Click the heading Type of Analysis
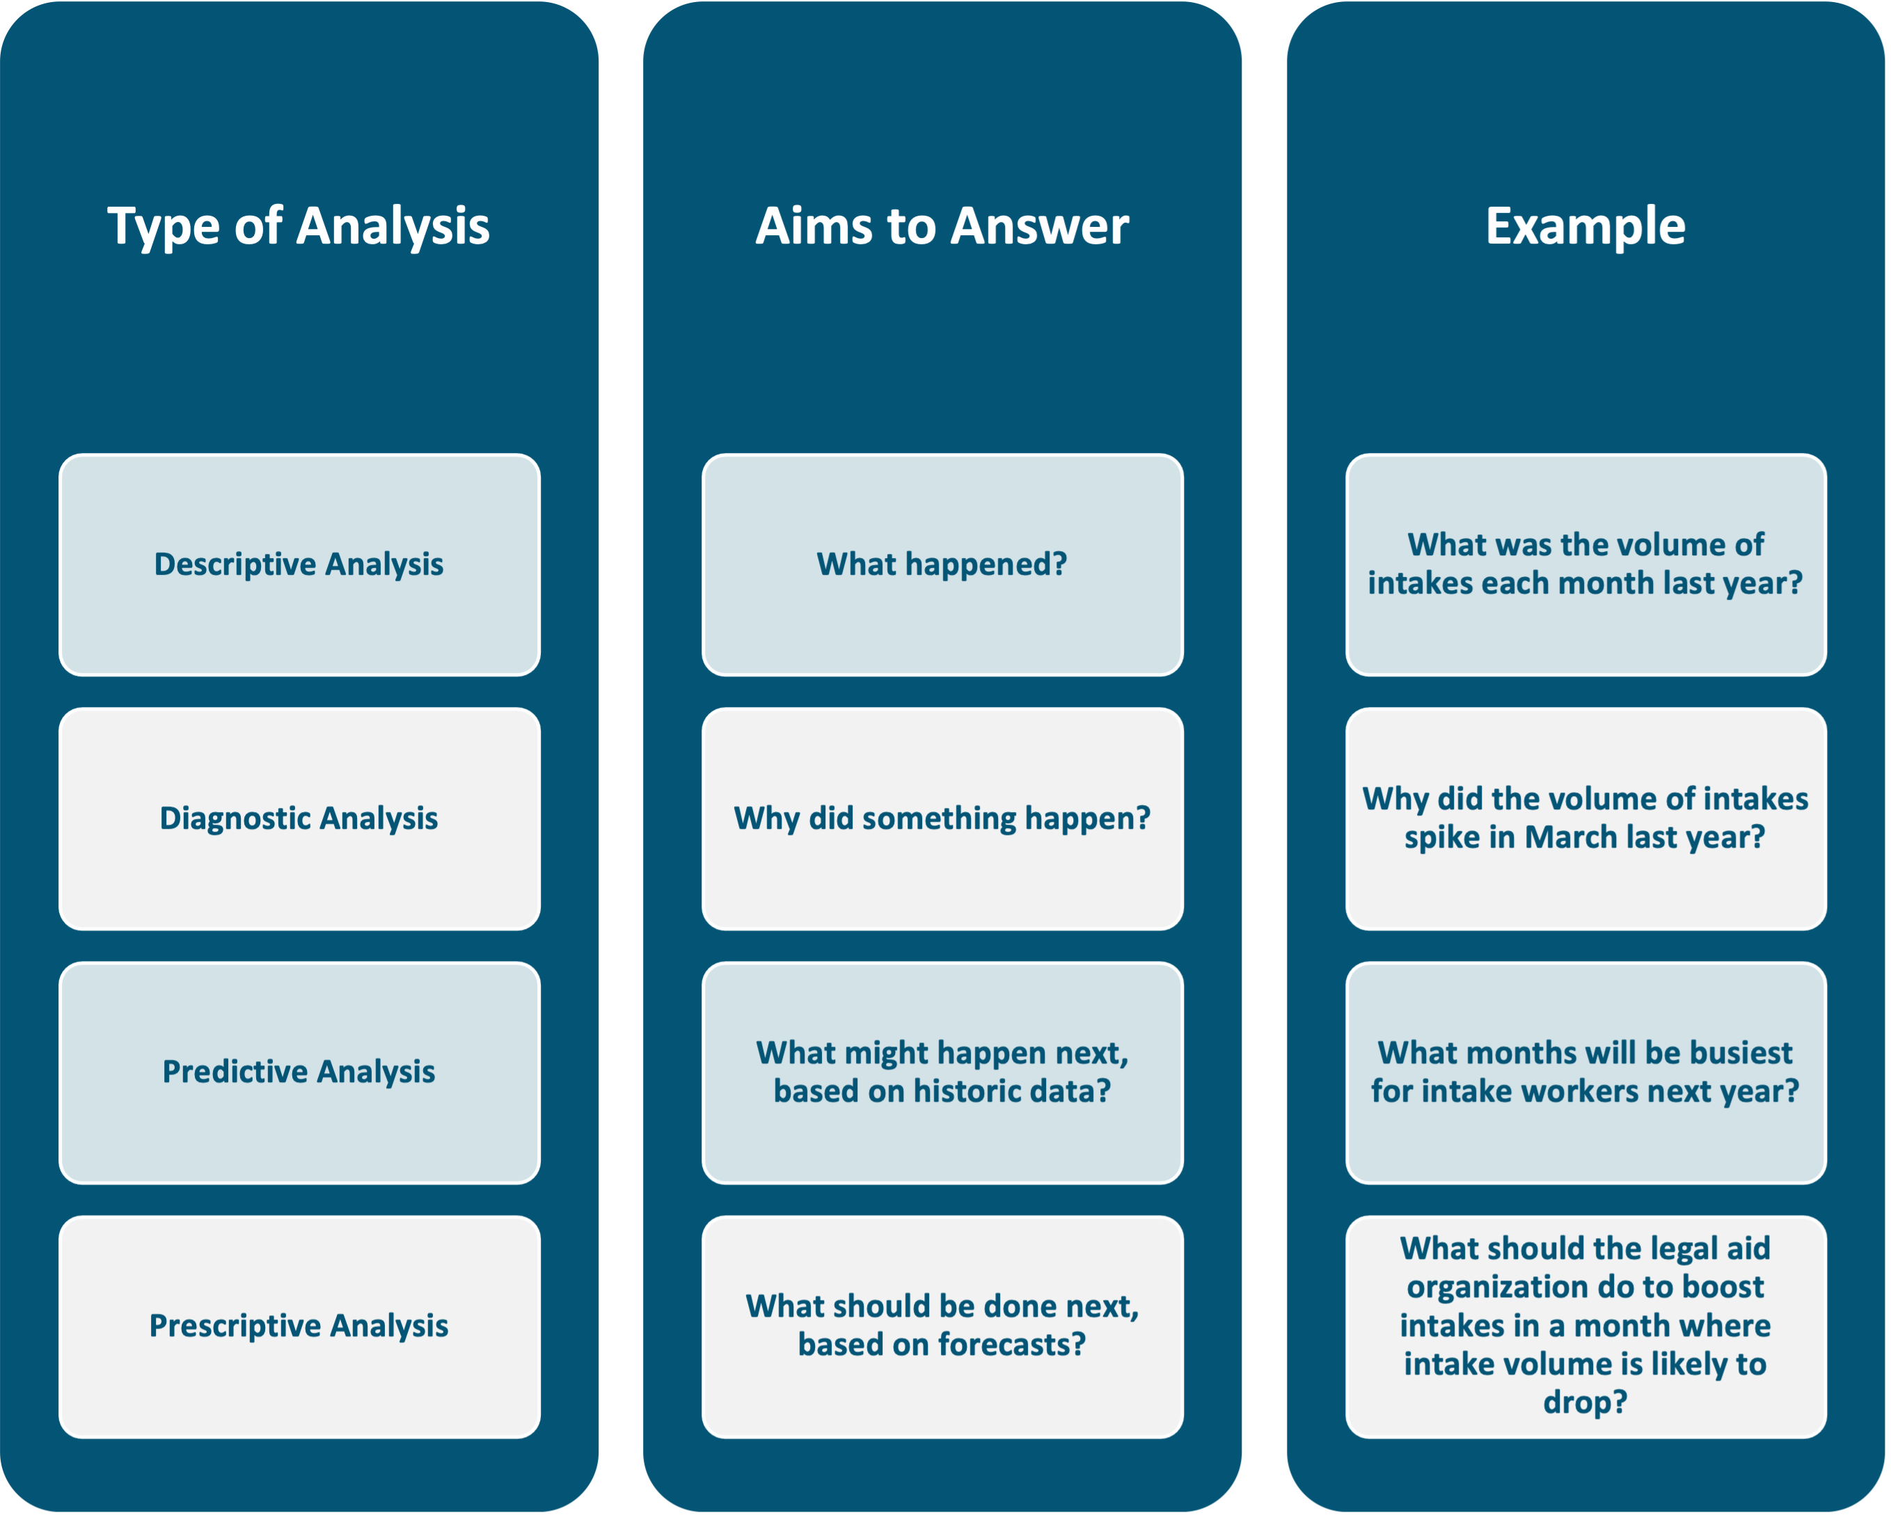point(298,226)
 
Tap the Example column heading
point(1585,226)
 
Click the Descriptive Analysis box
point(299,564)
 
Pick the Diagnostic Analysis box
point(299,818)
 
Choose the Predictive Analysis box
point(299,1071)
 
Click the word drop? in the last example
point(1585,1402)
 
